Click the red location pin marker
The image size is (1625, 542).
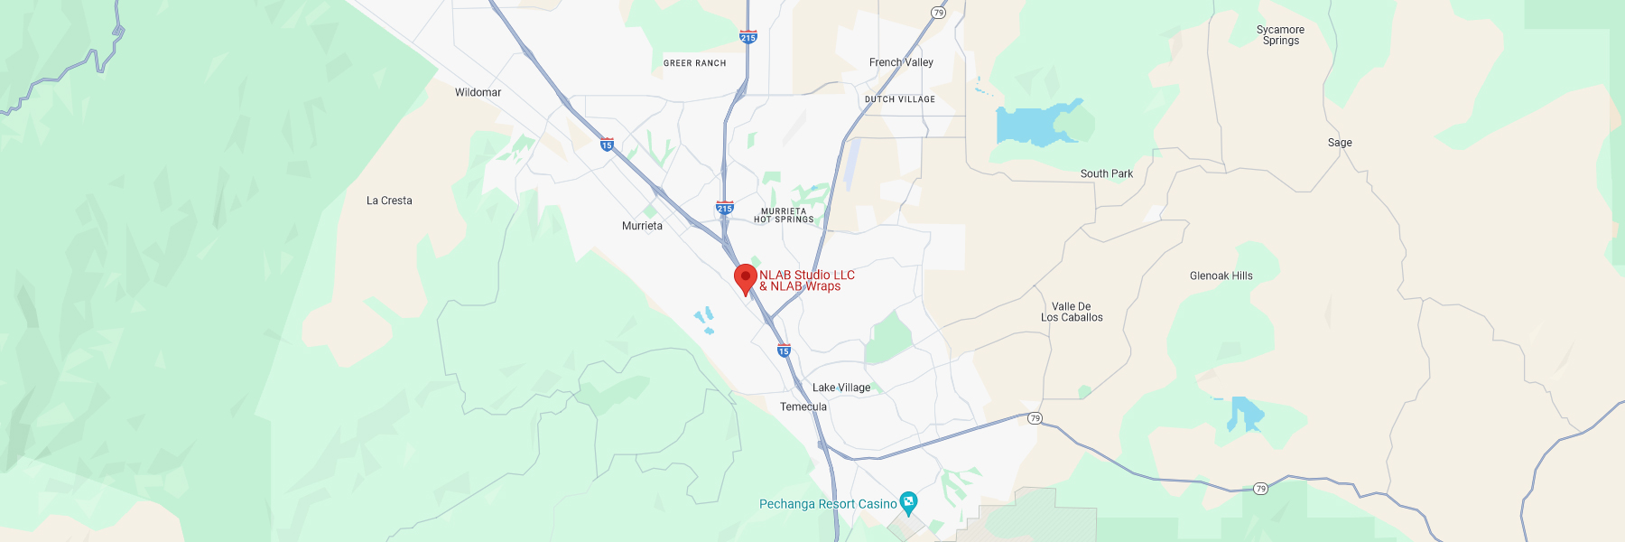(x=745, y=278)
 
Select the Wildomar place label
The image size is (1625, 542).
(x=478, y=92)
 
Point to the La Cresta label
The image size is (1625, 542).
(x=389, y=201)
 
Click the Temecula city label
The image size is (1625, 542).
(x=803, y=406)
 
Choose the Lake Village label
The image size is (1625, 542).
(x=840, y=388)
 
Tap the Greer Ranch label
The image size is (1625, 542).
(x=694, y=63)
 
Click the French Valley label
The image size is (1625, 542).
(x=901, y=62)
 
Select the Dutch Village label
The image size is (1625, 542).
(x=899, y=99)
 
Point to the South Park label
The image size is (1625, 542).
(x=1106, y=173)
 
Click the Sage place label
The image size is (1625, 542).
(x=1340, y=143)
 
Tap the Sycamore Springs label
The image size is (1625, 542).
(x=1280, y=35)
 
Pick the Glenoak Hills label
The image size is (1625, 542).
(x=1221, y=276)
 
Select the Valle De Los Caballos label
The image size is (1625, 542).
(x=1072, y=312)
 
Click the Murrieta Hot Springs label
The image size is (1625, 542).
(x=784, y=215)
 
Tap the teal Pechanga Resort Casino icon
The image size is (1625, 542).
(x=908, y=501)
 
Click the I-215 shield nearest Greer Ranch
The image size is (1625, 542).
(x=748, y=37)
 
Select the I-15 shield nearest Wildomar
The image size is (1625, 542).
(x=607, y=145)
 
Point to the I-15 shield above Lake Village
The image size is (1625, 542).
(x=784, y=350)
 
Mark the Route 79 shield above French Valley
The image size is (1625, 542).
(x=939, y=13)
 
